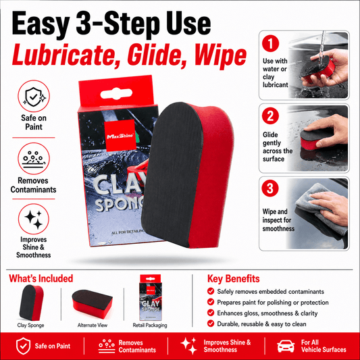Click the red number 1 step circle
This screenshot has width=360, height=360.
[x=270, y=43]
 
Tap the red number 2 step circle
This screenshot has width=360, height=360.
[x=270, y=116]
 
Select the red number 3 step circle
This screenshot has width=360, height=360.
[x=270, y=188]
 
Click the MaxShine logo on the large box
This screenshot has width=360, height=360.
[x=120, y=136]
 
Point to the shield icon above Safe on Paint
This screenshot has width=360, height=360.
[x=34, y=96]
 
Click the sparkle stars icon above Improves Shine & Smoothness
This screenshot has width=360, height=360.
[x=34, y=219]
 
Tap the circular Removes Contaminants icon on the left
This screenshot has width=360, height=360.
[x=34, y=159]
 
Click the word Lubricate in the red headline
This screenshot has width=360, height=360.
[x=62, y=55]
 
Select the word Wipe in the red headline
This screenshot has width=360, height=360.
[x=220, y=56]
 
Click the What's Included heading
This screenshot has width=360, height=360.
[x=41, y=278]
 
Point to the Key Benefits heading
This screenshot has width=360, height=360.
[x=234, y=279]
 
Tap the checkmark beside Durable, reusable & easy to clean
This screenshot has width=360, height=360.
[x=211, y=324]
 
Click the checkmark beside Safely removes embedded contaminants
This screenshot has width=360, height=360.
[x=211, y=291]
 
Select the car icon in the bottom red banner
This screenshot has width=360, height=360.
[x=286, y=346]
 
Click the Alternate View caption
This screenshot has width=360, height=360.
[x=93, y=325]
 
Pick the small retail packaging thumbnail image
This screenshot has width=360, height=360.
[x=151, y=298]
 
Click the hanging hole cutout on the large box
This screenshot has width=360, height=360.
[x=116, y=94]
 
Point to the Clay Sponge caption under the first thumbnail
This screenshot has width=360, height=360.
[x=31, y=325]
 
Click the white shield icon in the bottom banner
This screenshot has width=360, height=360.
[x=23, y=346]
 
